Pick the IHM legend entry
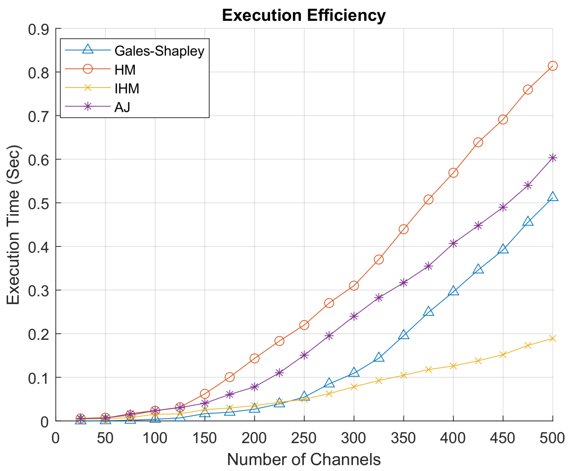click(x=127, y=89)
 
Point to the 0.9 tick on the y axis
click(x=38, y=29)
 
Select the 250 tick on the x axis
click(x=304, y=438)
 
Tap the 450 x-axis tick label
click(x=503, y=438)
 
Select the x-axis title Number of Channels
click(x=304, y=459)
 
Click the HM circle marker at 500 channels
click(x=552, y=66)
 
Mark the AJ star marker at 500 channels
click(x=552, y=158)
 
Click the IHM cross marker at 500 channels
click(x=552, y=338)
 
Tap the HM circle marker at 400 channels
click(x=453, y=173)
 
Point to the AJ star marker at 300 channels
click(x=354, y=316)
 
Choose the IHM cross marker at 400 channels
click(x=453, y=366)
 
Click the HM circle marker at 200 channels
click(x=254, y=358)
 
